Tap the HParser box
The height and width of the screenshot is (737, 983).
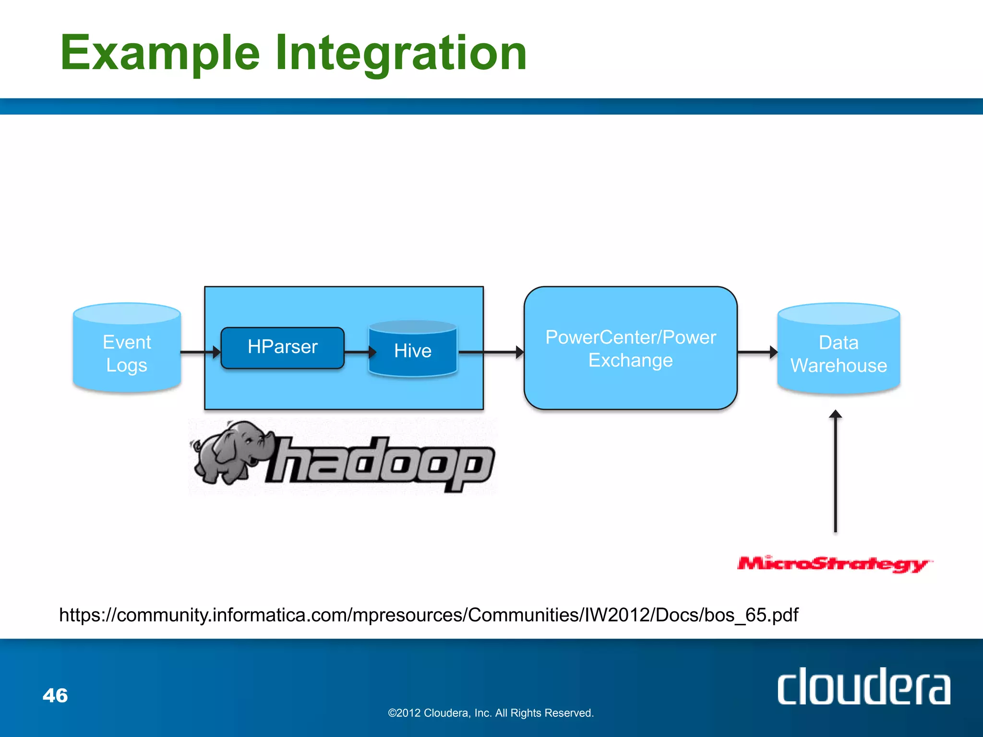pyautogui.click(x=282, y=347)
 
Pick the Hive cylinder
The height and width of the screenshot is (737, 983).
pyautogui.click(x=413, y=350)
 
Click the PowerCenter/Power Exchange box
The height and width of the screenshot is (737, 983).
pyautogui.click(x=630, y=348)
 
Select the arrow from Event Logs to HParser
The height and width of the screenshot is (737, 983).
pyautogui.click(x=199, y=352)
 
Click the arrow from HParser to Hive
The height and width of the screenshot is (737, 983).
pyautogui.click(x=359, y=352)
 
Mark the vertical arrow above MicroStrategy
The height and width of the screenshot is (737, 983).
pyautogui.click(x=836, y=473)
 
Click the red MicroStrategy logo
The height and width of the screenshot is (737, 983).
pyautogui.click(x=834, y=564)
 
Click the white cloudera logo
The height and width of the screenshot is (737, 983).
pyautogui.click(x=863, y=687)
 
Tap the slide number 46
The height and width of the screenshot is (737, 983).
pyautogui.click(x=55, y=695)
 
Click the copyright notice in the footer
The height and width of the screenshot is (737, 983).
pyautogui.click(x=491, y=713)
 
